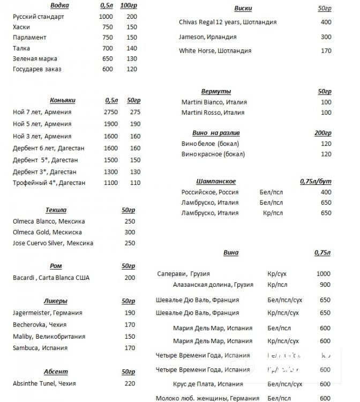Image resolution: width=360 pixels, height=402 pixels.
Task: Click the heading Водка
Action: coord(59,5)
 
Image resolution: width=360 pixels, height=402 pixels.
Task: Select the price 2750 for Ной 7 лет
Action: coord(111,112)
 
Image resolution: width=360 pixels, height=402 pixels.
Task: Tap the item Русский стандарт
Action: coord(38,17)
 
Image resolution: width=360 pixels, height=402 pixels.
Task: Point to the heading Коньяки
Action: coord(63,100)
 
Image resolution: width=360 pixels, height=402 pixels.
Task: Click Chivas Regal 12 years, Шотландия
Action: coord(228,22)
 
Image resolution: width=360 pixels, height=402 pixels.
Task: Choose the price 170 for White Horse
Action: coord(326,51)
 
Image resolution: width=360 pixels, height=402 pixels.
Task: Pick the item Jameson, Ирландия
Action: coord(207,37)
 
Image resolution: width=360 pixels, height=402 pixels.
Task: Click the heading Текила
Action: coord(56,210)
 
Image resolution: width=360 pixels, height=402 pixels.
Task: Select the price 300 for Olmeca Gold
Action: coord(129,232)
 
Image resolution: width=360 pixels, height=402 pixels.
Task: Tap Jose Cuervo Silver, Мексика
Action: coord(53,243)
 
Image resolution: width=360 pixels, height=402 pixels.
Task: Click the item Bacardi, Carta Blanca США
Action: coord(51,278)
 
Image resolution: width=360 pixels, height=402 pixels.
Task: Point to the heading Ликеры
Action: coord(56,301)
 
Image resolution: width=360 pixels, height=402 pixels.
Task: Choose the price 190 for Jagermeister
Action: coord(129,312)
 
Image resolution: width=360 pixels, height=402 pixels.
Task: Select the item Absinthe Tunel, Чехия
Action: coord(44,383)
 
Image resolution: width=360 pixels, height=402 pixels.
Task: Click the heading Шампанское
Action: coord(216,182)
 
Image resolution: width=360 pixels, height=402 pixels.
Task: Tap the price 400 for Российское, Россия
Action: coord(326,192)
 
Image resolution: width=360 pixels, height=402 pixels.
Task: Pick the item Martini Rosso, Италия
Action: coord(213,113)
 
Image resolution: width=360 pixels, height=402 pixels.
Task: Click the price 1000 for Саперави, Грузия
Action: coord(323,273)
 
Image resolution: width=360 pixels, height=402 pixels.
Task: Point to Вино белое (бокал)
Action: coord(210,144)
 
